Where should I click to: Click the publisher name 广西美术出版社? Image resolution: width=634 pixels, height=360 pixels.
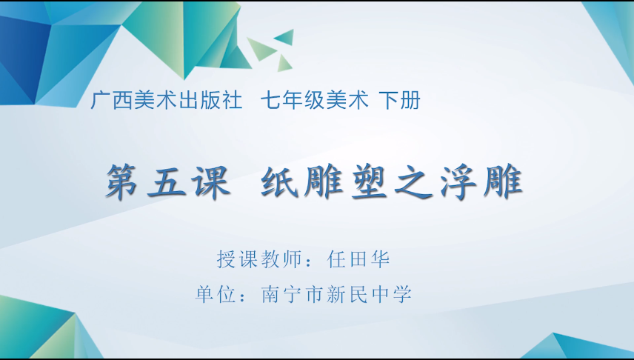click(166, 100)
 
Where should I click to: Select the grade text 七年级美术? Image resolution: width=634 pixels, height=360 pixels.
click(315, 100)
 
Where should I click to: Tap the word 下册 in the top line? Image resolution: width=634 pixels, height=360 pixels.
click(400, 100)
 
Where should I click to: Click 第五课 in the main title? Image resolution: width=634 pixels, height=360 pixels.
click(168, 181)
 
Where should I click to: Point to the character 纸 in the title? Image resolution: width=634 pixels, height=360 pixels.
click(280, 181)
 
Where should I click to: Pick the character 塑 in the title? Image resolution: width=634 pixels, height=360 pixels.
click(369, 182)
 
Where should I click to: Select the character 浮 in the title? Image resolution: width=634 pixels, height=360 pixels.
click(458, 182)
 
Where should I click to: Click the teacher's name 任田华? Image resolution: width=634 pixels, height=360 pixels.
click(358, 259)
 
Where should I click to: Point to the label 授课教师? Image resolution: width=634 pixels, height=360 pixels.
click(259, 259)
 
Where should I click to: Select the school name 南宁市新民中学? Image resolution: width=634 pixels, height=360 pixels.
click(336, 294)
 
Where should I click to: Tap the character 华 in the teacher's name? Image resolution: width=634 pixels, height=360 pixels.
click(380, 259)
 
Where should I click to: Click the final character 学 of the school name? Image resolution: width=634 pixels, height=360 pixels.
click(402, 294)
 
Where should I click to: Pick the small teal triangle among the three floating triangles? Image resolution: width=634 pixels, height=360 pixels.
click(284, 37)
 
